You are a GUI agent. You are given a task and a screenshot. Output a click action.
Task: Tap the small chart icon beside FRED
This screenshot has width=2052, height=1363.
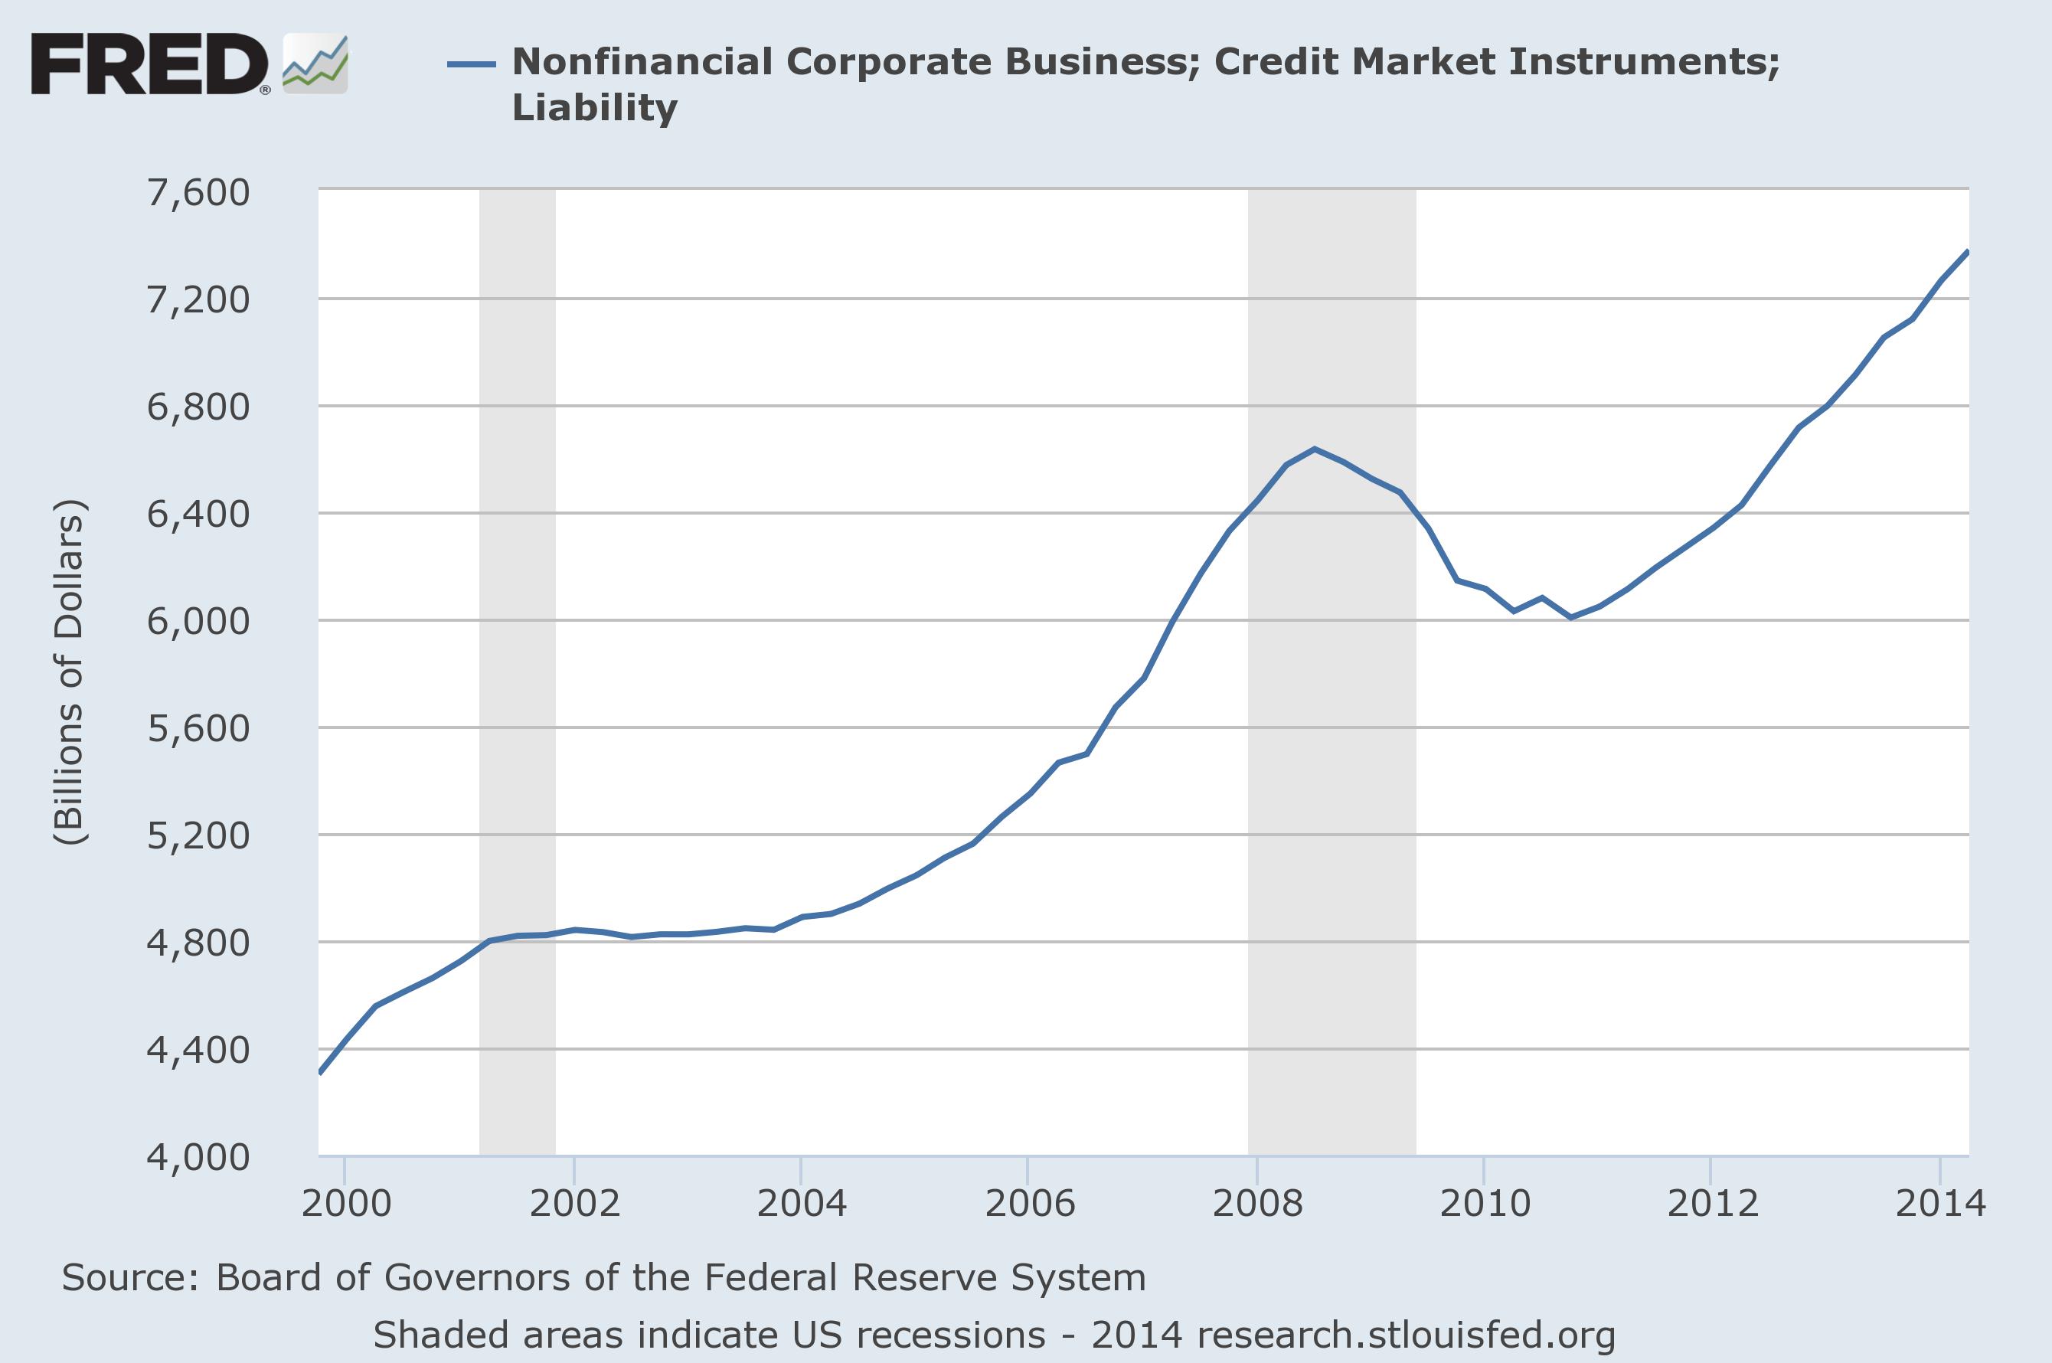[315, 64]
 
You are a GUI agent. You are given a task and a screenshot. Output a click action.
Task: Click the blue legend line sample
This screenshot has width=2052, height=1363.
[471, 64]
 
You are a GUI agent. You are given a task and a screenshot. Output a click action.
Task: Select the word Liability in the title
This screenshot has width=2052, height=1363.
[594, 108]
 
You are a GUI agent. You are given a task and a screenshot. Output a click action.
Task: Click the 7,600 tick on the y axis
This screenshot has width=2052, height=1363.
[198, 192]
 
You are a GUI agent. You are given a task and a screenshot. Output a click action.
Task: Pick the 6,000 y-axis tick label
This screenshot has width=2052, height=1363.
[198, 622]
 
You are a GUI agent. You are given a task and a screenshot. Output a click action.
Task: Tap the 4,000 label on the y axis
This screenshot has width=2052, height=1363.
[198, 1157]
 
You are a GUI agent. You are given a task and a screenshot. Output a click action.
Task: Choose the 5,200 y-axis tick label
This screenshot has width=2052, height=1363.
[198, 835]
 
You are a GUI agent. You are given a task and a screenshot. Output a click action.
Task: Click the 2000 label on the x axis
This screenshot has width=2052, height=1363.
[346, 1204]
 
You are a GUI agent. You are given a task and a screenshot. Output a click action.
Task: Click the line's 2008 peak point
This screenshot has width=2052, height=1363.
[1315, 449]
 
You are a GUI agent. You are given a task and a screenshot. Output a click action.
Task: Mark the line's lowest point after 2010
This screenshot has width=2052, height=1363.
[1570, 617]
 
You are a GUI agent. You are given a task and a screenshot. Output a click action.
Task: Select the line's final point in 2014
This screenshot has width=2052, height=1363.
[1968, 251]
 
